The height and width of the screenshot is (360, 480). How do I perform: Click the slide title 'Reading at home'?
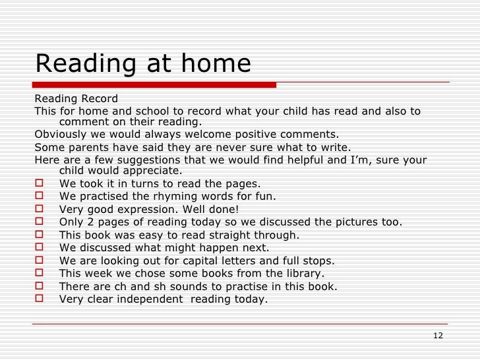(x=143, y=64)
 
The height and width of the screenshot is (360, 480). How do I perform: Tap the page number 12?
(x=438, y=336)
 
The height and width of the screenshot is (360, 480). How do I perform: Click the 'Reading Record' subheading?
(x=76, y=99)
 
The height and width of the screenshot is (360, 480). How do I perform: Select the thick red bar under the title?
(x=155, y=84)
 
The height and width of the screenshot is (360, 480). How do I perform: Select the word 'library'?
(x=304, y=274)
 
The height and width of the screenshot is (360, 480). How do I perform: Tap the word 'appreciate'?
(x=151, y=171)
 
